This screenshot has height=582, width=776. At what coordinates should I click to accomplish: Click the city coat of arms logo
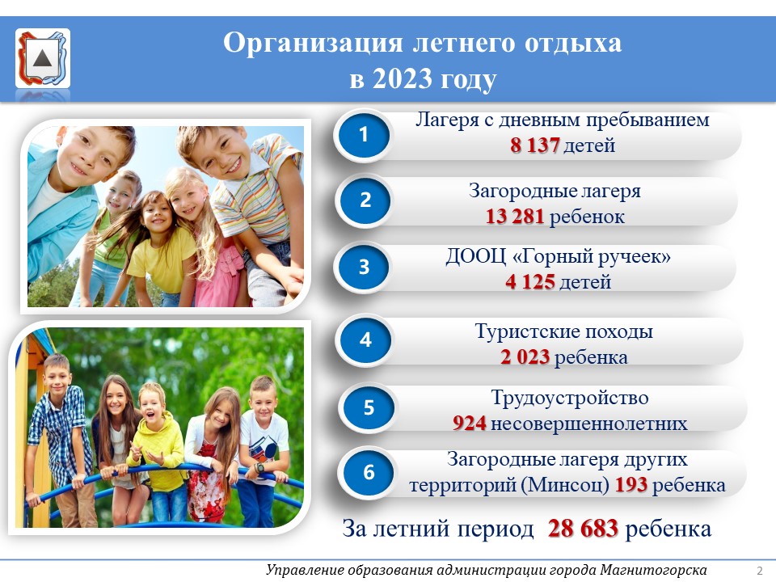pyautogui.click(x=43, y=58)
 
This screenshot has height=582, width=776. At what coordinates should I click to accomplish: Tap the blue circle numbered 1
pyautogui.click(x=364, y=134)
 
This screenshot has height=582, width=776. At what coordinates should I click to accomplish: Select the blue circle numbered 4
pyautogui.click(x=365, y=339)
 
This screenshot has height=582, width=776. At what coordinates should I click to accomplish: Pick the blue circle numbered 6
pyautogui.click(x=369, y=472)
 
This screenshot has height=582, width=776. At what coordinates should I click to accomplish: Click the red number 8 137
pyautogui.click(x=534, y=145)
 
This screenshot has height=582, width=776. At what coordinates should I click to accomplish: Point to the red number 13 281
pyautogui.click(x=515, y=217)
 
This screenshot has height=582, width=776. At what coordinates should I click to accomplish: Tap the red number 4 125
pyautogui.click(x=529, y=282)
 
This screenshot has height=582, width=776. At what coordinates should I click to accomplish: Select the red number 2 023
pyautogui.click(x=525, y=357)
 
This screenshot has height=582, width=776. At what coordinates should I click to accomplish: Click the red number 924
pyautogui.click(x=469, y=424)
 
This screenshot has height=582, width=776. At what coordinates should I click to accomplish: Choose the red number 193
pyautogui.click(x=631, y=485)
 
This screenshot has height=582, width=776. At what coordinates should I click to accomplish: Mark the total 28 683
pyautogui.click(x=583, y=529)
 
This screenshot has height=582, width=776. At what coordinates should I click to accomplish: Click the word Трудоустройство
pyautogui.click(x=570, y=399)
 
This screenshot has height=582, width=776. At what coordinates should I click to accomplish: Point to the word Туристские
pyautogui.click(x=527, y=331)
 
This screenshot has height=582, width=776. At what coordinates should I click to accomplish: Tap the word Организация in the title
pyautogui.click(x=313, y=44)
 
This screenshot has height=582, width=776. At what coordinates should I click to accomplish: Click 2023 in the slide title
pyautogui.click(x=403, y=78)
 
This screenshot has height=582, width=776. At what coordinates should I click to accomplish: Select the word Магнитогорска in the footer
pyautogui.click(x=653, y=570)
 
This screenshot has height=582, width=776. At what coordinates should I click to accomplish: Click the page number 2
pyautogui.click(x=760, y=570)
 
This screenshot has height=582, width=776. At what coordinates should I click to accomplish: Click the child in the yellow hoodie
pyautogui.click(x=156, y=448)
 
